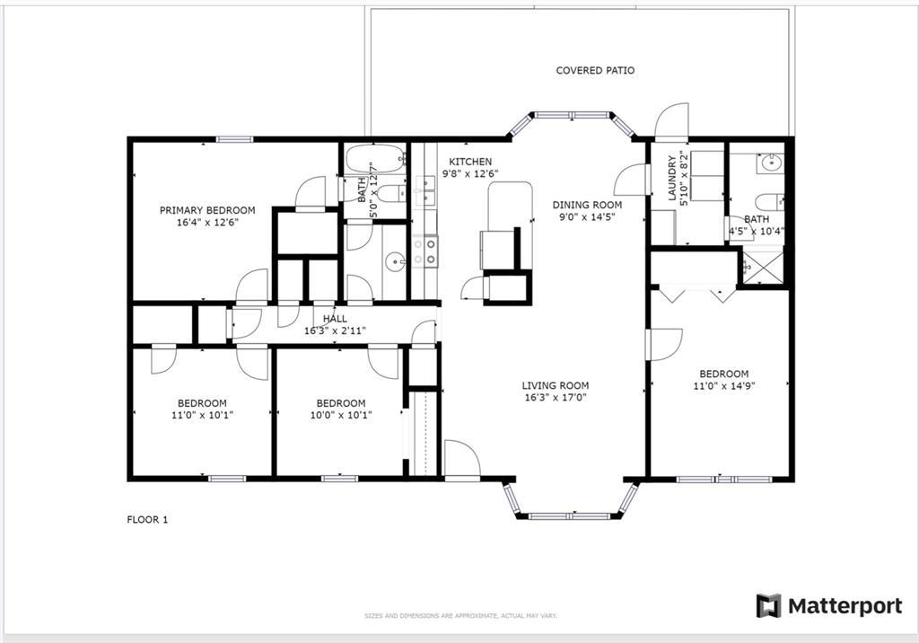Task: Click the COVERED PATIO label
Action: tap(595, 70)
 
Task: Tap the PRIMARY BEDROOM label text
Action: tap(207, 210)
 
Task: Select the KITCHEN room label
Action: tap(470, 162)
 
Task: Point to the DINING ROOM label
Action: tap(587, 205)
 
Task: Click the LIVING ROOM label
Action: tap(555, 385)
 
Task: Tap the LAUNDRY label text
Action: tap(671, 177)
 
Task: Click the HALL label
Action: tap(335, 319)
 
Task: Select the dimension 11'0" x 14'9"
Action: tap(724, 386)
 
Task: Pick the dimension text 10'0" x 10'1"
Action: tap(341, 416)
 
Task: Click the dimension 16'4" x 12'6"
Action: tap(207, 223)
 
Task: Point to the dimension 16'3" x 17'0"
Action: tap(556, 398)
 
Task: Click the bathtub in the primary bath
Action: tap(375, 158)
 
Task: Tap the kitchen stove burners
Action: tap(424, 251)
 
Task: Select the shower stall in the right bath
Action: tap(763, 268)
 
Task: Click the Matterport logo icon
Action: tap(768, 605)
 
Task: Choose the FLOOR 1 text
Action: tap(147, 519)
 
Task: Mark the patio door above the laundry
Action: tap(671, 122)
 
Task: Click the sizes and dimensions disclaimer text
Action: tap(460, 616)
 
